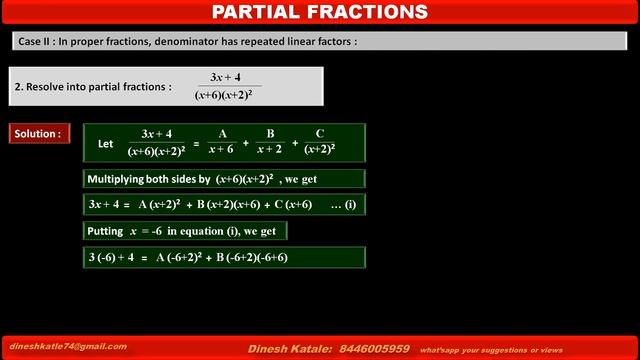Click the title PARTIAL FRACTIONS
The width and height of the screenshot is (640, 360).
(321, 12)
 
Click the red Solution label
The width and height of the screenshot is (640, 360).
(38, 133)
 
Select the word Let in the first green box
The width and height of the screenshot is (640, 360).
(106, 143)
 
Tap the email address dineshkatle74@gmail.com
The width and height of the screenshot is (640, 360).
(68, 346)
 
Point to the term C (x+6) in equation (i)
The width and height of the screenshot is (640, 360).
(289, 205)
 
